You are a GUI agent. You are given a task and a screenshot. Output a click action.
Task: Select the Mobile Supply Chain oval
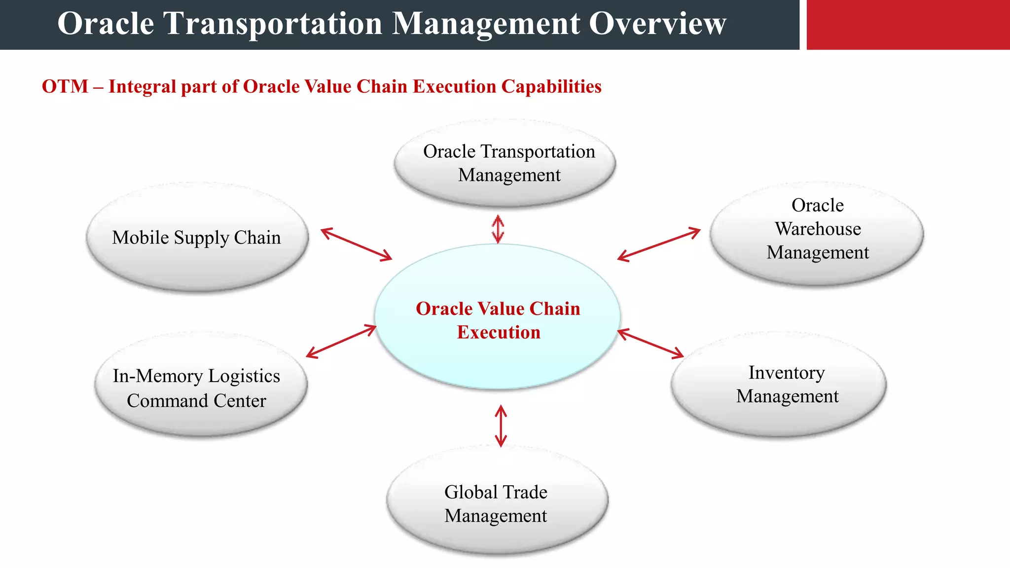[x=197, y=237]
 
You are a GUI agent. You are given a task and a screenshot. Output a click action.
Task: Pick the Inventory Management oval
[x=778, y=385]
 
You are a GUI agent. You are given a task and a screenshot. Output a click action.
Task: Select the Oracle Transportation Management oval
[x=505, y=163]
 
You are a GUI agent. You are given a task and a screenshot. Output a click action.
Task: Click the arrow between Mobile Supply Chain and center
[x=356, y=244]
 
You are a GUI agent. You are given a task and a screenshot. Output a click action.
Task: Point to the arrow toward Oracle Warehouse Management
[x=659, y=244]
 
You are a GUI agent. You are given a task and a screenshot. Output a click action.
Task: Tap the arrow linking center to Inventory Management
[x=650, y=343]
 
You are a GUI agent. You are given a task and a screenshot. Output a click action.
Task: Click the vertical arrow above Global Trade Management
[x=501, y=426]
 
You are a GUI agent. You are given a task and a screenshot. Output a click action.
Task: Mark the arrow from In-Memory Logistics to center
[x=341, y=341]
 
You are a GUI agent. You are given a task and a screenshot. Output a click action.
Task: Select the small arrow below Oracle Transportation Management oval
[x=498, y=229]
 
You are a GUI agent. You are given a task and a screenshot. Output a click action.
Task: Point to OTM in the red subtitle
[x=65, y=87]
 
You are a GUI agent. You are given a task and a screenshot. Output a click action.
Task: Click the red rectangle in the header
[x=907, y=25]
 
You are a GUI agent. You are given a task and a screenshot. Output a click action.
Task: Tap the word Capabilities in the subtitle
[x=551, y=87]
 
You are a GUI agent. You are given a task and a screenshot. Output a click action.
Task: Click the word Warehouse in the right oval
[x=818, y=229]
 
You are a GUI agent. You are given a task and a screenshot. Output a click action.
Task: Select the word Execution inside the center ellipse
[x=499, y=332]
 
